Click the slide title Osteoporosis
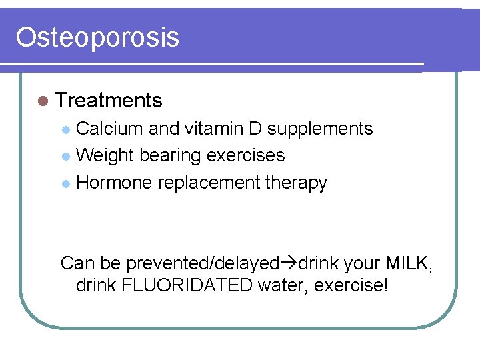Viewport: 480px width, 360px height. (x=97, y=37)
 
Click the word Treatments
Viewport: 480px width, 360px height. (x=109, y=101)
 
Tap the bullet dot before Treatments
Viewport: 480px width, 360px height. (x=43, y=101)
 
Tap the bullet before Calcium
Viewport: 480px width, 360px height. (x=65, y=129)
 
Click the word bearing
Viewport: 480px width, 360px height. (x=171, y=156)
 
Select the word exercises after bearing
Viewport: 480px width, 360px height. (x=246, y=155)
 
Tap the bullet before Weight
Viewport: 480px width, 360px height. (x=65, y=156)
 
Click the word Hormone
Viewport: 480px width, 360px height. (x=114, y=183)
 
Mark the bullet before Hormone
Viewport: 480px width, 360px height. (x=65, y=183)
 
